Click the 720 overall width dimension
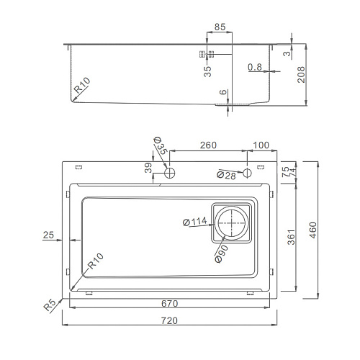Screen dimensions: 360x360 click(169, 320)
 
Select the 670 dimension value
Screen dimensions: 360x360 click(169, 304)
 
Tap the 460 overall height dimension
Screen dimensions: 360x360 click(313, 230)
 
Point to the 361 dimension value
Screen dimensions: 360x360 click(291, 237)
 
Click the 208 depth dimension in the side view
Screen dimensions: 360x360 click(301, 75)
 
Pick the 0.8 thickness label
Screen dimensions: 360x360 click(255, 67)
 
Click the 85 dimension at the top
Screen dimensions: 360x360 click(220, 27)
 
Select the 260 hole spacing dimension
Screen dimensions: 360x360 click(208, 145)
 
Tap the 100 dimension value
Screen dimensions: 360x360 click(261, 145)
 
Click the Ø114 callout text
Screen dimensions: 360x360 click(195, 222)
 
